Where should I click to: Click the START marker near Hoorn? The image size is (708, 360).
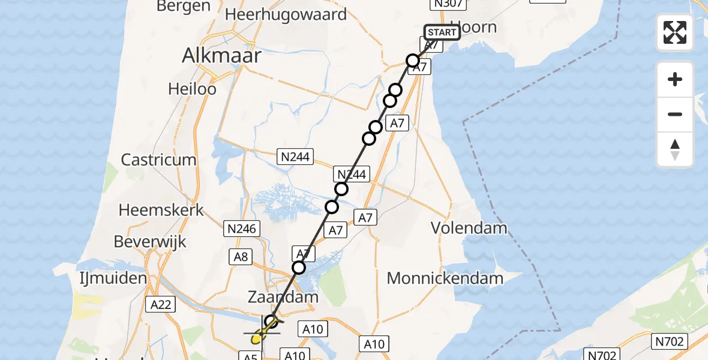pos(442,32)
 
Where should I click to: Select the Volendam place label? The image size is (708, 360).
pos(469,228)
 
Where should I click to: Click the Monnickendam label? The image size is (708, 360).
pos(445,278)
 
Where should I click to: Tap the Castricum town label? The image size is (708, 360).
pos(158,160)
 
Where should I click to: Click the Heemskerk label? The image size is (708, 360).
pos(161,210)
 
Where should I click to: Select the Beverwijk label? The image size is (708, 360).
pos(149,242)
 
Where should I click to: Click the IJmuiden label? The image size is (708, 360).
pos(113,278)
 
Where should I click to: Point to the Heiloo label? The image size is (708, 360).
pos(192,88)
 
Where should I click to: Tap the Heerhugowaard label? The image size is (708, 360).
pos(286,15)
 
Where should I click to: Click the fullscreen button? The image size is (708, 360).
pos(675,32)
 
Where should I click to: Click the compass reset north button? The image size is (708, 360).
pos(675,149)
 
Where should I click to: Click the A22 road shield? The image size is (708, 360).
pos(161,304)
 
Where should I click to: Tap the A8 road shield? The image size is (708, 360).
pos(240,257)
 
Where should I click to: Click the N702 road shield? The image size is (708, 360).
pos(669,342)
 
